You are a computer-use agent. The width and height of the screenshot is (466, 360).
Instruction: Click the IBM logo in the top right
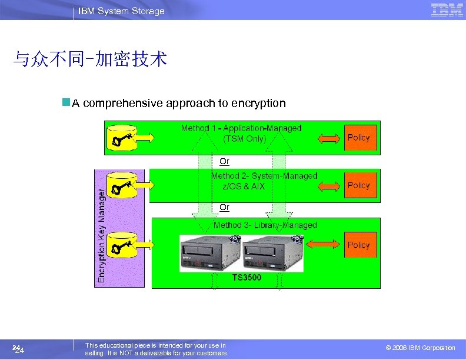(x=447, y=10)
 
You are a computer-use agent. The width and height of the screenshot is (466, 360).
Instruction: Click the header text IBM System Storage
(x=122, y=11)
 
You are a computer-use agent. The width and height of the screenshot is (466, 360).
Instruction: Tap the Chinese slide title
(x=91, y=59)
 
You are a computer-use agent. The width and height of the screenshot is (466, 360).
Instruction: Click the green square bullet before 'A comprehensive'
(x=66, y=103)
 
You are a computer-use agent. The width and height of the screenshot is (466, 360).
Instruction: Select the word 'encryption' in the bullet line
(x=259, y=104)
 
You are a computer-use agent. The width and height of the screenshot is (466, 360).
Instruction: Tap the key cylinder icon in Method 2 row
(x=124, y=186)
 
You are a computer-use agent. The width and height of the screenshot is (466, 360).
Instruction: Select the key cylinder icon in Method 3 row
(x=124, y=245)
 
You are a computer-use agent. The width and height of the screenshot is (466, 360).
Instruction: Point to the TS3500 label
(x=247, y=276)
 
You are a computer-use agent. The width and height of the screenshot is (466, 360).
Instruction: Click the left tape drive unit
(x=210, y=253)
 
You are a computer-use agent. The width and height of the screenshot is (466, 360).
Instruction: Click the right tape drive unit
(x=274, y=253)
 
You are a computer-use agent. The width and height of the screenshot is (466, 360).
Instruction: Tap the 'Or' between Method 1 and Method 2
(x=224, y=161)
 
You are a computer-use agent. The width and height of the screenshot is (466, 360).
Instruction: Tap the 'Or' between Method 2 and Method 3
(x=224, y=207)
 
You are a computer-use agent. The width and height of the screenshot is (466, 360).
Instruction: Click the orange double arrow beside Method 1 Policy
(x=329, y=138)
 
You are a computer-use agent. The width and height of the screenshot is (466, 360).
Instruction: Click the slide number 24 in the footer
(x=18, y=350)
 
